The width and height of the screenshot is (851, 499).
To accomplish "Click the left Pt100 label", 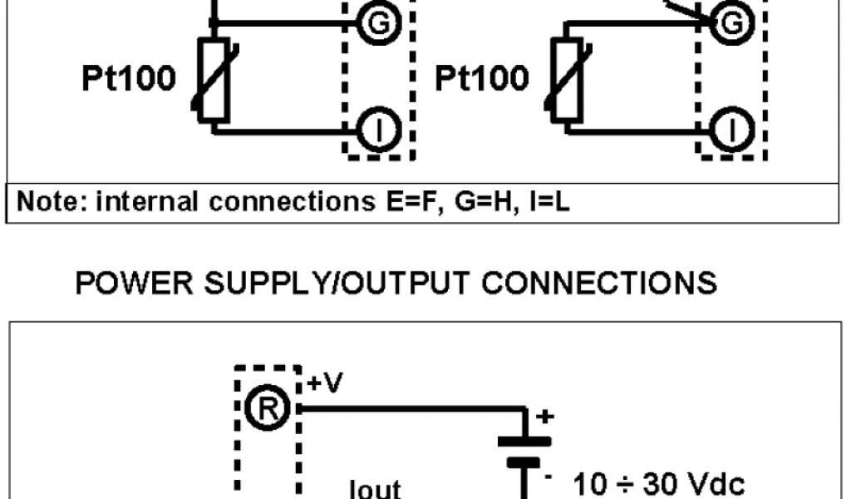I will pyautogui.click(x=129, y=79).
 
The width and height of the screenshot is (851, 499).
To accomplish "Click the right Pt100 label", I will pyautogui.click(x=482, y=79).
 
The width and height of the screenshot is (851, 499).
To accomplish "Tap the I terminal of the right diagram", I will pyautogui.click(x=731, y=131).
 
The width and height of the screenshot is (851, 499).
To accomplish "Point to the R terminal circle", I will pyautogui.click(x=275, y=408).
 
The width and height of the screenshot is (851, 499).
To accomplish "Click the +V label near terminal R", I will pyautogui.click(x=325, y=383).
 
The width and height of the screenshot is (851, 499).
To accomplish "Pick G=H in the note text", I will pyautogui.click(x=476, y=201).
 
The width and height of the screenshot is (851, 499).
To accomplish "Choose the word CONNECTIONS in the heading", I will pyautogui.click(x=598, y=284).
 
